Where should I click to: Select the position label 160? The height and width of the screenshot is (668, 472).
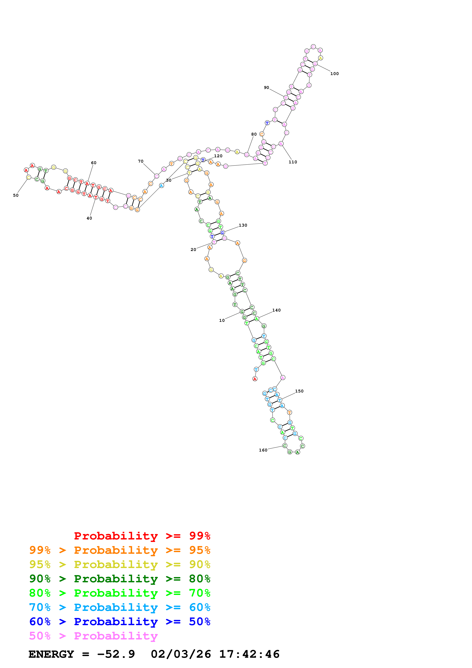(x=263, y=450)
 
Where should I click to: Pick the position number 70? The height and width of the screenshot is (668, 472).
(x=141, y=161)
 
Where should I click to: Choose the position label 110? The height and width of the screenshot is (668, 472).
(x=293, y=162)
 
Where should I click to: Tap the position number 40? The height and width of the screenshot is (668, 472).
(x=89, y=218)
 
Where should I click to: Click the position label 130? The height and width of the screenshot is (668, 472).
(x=243, y=225)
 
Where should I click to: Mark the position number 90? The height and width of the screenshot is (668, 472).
(x=266, y=88)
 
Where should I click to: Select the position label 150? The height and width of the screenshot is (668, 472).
(x=299, y=391)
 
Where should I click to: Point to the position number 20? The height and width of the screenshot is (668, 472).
(x=193, y=250)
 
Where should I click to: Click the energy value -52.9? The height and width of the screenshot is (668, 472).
(x=116, y=654)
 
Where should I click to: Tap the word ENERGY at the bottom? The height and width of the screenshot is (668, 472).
(x=51, y=654)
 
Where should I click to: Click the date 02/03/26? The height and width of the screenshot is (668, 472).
(x=181, y=654)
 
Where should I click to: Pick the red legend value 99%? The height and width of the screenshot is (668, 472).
(x=200, y=536)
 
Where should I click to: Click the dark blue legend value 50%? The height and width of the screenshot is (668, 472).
(x=200, y=622)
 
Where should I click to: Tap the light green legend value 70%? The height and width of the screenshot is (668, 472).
(x=200, y=593)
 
